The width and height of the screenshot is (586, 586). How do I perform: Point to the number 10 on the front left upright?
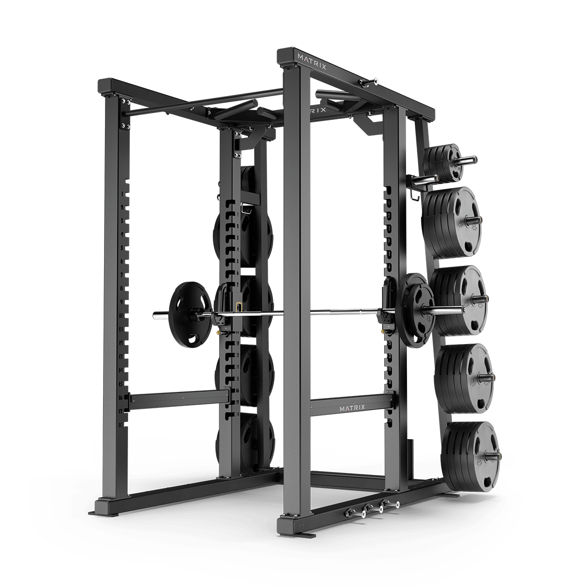(x=121, y=316)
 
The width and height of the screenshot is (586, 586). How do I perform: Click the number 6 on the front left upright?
(x=121, y=261)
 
